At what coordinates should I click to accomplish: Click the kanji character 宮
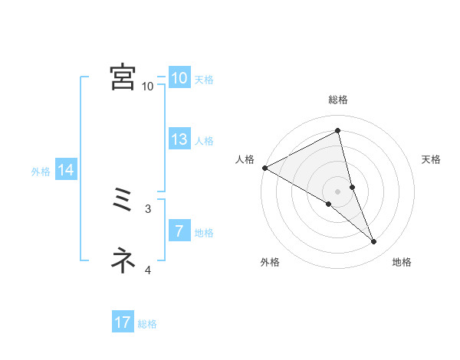tap(123, 77)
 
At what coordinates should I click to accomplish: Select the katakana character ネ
tap(123, 260)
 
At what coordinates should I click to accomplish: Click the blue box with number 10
tap(179, 78)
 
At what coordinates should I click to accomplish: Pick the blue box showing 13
tap(179, 140)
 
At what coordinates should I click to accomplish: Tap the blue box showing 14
tap(65, 171)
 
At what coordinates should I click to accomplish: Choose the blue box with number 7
tap(179, 232)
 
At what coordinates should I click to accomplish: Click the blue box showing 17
tap(123, 323)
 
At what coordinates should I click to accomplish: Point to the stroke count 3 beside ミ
tap(148, 208)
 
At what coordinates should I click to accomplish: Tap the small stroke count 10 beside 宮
tap(148, 86)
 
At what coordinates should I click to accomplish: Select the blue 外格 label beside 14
tap(41, 172)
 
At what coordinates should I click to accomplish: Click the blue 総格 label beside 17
tap(147, 324)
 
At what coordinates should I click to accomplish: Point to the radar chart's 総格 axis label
tap(338, 100)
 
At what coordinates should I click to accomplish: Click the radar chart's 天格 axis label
tap(432, 159)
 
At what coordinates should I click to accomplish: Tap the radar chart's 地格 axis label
tap(402, 262)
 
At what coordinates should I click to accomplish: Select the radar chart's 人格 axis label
tap(245, 159)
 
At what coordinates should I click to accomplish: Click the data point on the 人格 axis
tap(264, 168)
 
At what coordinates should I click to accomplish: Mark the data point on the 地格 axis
tap(374, 242)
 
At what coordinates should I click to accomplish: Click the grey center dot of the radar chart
tap(337, 191)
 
